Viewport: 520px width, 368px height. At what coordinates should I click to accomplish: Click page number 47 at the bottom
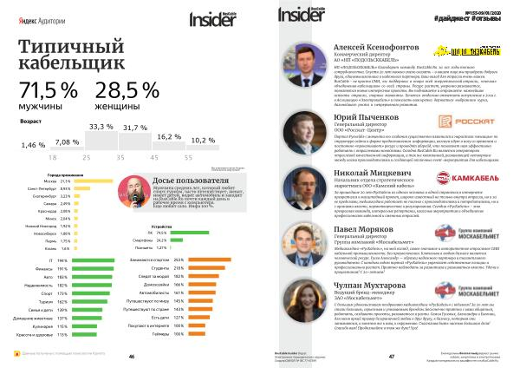[392, 356]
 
